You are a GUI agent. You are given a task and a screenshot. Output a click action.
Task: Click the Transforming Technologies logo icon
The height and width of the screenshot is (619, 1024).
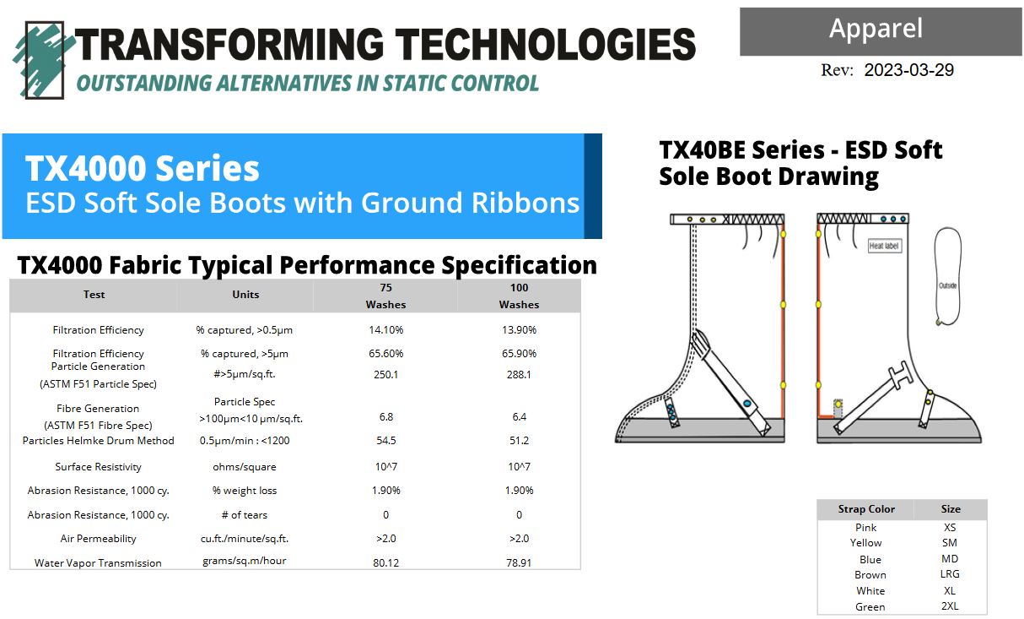pos(43,59)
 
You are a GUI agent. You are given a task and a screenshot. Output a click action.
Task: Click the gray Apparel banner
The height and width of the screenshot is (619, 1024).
pos(881,31)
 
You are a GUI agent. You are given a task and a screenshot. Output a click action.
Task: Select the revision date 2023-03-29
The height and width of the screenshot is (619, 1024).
pos(908,70)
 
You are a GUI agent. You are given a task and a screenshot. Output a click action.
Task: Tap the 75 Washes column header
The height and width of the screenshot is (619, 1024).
pos(385,296)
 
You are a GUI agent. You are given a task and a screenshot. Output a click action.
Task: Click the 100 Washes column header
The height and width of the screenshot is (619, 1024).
pos(519,296)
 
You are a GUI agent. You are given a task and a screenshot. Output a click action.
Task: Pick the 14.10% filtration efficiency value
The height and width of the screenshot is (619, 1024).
pos(385,329)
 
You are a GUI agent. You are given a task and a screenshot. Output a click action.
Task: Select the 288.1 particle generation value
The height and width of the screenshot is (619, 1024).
pos(519,374)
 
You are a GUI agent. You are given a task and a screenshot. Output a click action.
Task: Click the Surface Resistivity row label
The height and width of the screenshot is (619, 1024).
pos(99,466)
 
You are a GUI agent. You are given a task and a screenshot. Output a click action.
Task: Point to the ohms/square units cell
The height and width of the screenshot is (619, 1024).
pos(245,466)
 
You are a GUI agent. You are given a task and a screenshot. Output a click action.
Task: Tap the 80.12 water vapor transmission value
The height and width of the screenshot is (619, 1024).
pos(385,562)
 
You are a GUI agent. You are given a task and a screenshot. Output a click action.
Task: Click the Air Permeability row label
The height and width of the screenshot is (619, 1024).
pos(99,539)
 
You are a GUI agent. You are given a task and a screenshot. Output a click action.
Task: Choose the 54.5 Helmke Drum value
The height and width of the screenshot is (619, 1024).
pos(385,441)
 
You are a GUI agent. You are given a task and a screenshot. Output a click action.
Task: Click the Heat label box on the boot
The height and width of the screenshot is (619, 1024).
pos(885,246)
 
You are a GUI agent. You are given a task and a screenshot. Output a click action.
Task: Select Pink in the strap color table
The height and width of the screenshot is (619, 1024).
pos(865,528)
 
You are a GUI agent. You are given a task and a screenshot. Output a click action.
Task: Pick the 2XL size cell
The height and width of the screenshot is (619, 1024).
pos(950,605)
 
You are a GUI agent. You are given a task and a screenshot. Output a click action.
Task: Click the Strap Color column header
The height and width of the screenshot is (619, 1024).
pos(866,509)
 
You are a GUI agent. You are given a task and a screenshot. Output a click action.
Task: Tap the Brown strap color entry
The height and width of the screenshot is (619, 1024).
pos(870,574)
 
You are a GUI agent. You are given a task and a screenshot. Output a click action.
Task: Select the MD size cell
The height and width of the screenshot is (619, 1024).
pos(950,558)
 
